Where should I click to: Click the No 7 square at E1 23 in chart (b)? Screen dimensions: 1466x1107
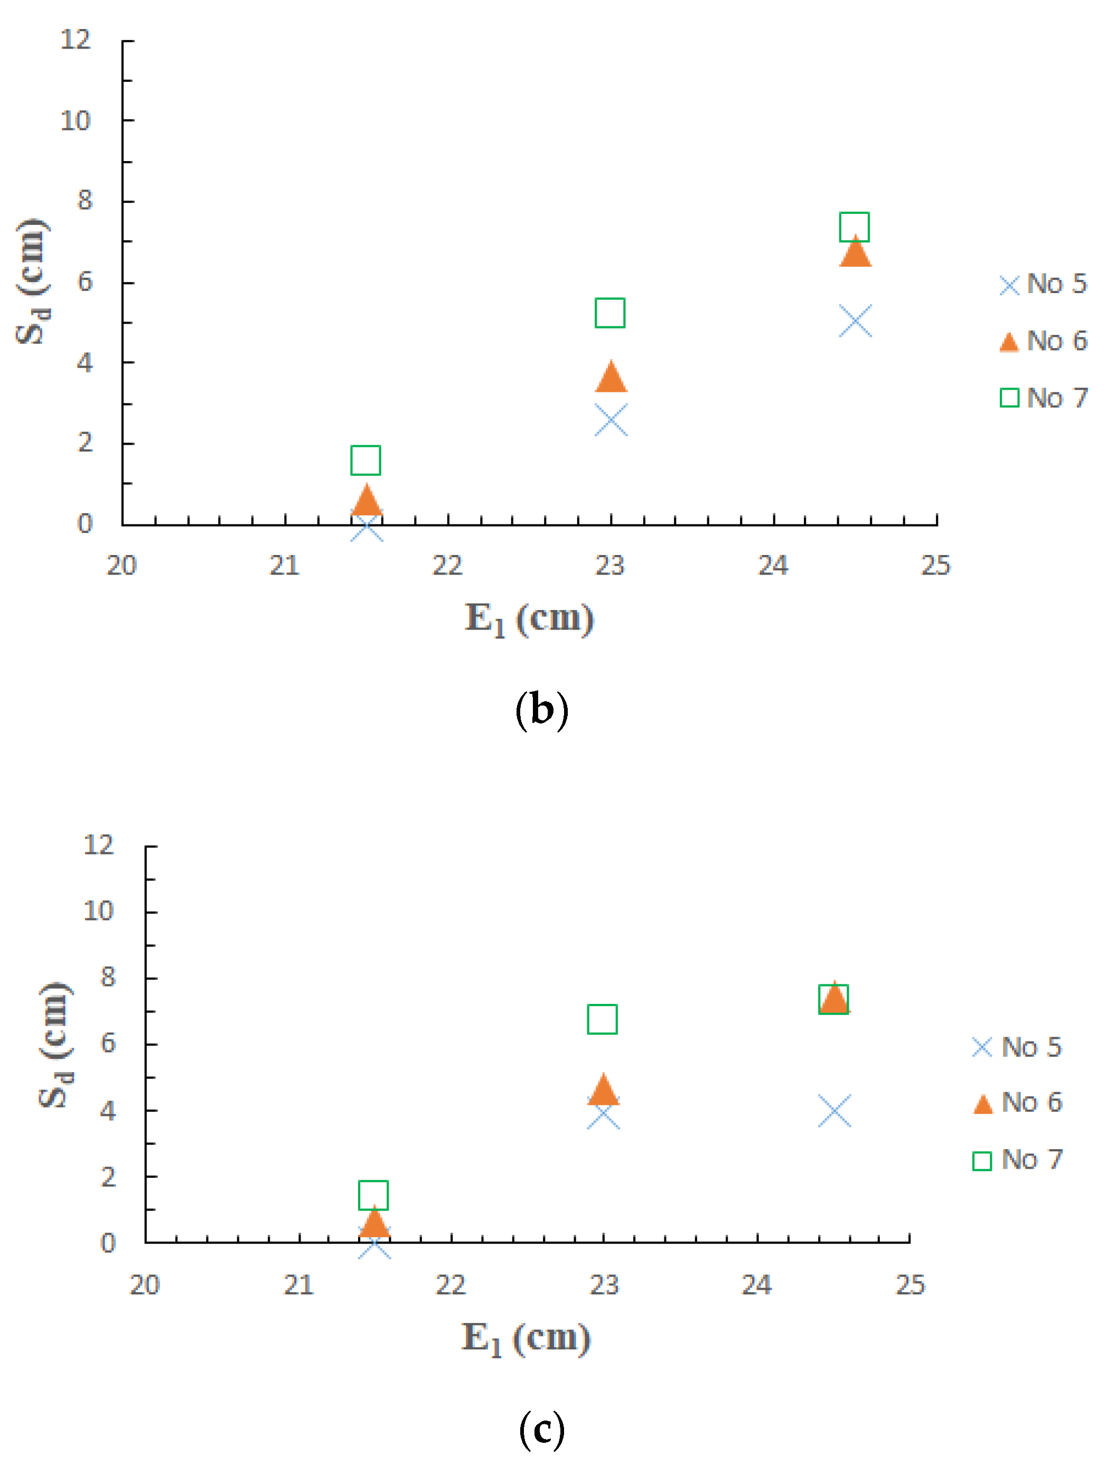(610, 313)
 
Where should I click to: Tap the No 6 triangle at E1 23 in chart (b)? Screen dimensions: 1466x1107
(611, 378)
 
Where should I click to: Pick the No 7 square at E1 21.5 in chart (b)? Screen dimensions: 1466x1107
(365, 460)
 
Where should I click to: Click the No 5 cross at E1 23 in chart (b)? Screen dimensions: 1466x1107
(611, 420)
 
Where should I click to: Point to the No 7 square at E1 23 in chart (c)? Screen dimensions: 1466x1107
(602, 1019)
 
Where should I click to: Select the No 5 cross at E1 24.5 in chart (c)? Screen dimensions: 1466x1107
(834, 1112)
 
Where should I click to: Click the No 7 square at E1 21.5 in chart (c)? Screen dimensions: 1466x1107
(373, 1195)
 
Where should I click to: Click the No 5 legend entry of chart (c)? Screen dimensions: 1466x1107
(1017, 1047)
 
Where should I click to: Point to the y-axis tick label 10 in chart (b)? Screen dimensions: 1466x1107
(75, 121)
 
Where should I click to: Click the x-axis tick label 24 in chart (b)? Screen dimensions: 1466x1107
(773, 565)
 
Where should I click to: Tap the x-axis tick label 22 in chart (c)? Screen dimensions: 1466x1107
(451, 1285)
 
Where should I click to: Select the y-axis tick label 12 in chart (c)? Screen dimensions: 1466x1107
(98, 844)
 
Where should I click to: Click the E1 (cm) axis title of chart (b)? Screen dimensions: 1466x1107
(529, 619)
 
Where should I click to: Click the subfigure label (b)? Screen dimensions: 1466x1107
(541, 710)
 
